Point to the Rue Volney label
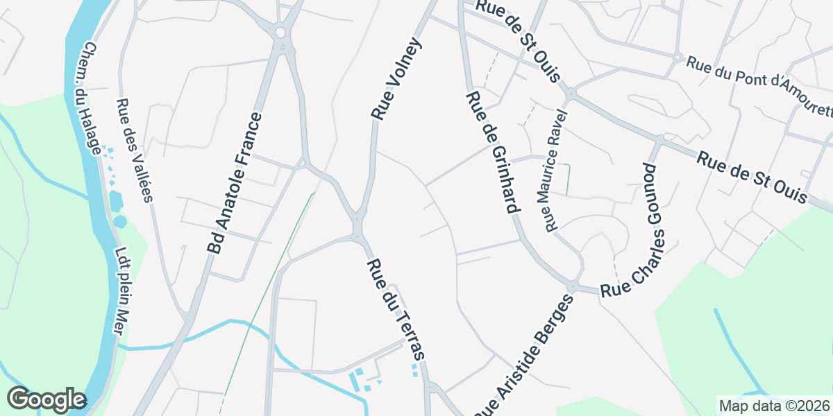pos(396,79)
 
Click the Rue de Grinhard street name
pos(493,153)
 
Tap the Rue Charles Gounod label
pos(636,229)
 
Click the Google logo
pos(47,400)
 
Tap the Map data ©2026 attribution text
pos(773,406)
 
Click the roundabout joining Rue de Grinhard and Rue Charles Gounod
pos(574,286)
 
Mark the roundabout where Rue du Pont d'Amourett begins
pos(677,58)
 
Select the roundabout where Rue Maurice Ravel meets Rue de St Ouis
pos(570,92)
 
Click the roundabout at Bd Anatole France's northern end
pos(281,32)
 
